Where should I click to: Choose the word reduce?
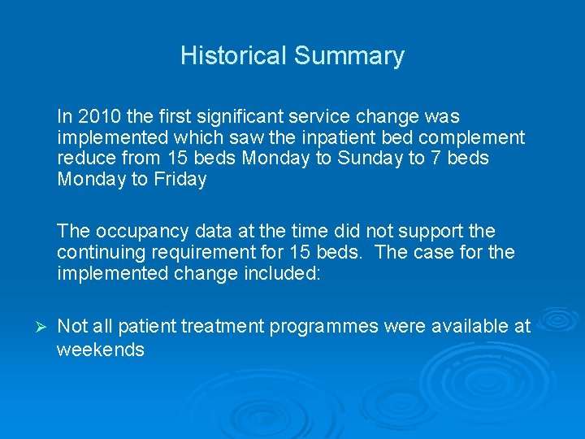click(x=85, y=159)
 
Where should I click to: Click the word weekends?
click(x=100, y=350)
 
